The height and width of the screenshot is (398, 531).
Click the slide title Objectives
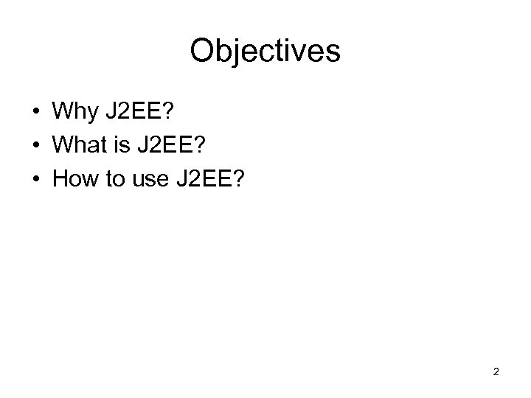pyautogui.click(x=265, y=51)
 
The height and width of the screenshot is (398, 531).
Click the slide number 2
pyautogui.click(x=496, y=372)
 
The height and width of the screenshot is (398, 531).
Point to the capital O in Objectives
pyautogui.click(x=203, y=51)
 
